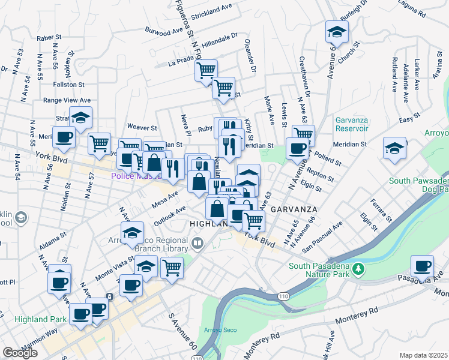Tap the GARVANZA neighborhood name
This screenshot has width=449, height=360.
pyautogui.click(x=292, y=209)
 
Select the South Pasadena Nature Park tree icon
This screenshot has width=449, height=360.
pyautogui.click(x=358, y=268)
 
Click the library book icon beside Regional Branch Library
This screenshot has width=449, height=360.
pyautogui.click(x=198, y=243)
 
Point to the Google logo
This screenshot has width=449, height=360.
pyautogui.click(x=20, y=352)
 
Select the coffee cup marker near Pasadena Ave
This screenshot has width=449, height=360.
pyautogui.click(x=422, y=266)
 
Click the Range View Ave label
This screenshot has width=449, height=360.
pyautogui.click(x=67, y=100)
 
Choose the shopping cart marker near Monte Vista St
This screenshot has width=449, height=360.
pyautogui.click(x=172, y=267)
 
